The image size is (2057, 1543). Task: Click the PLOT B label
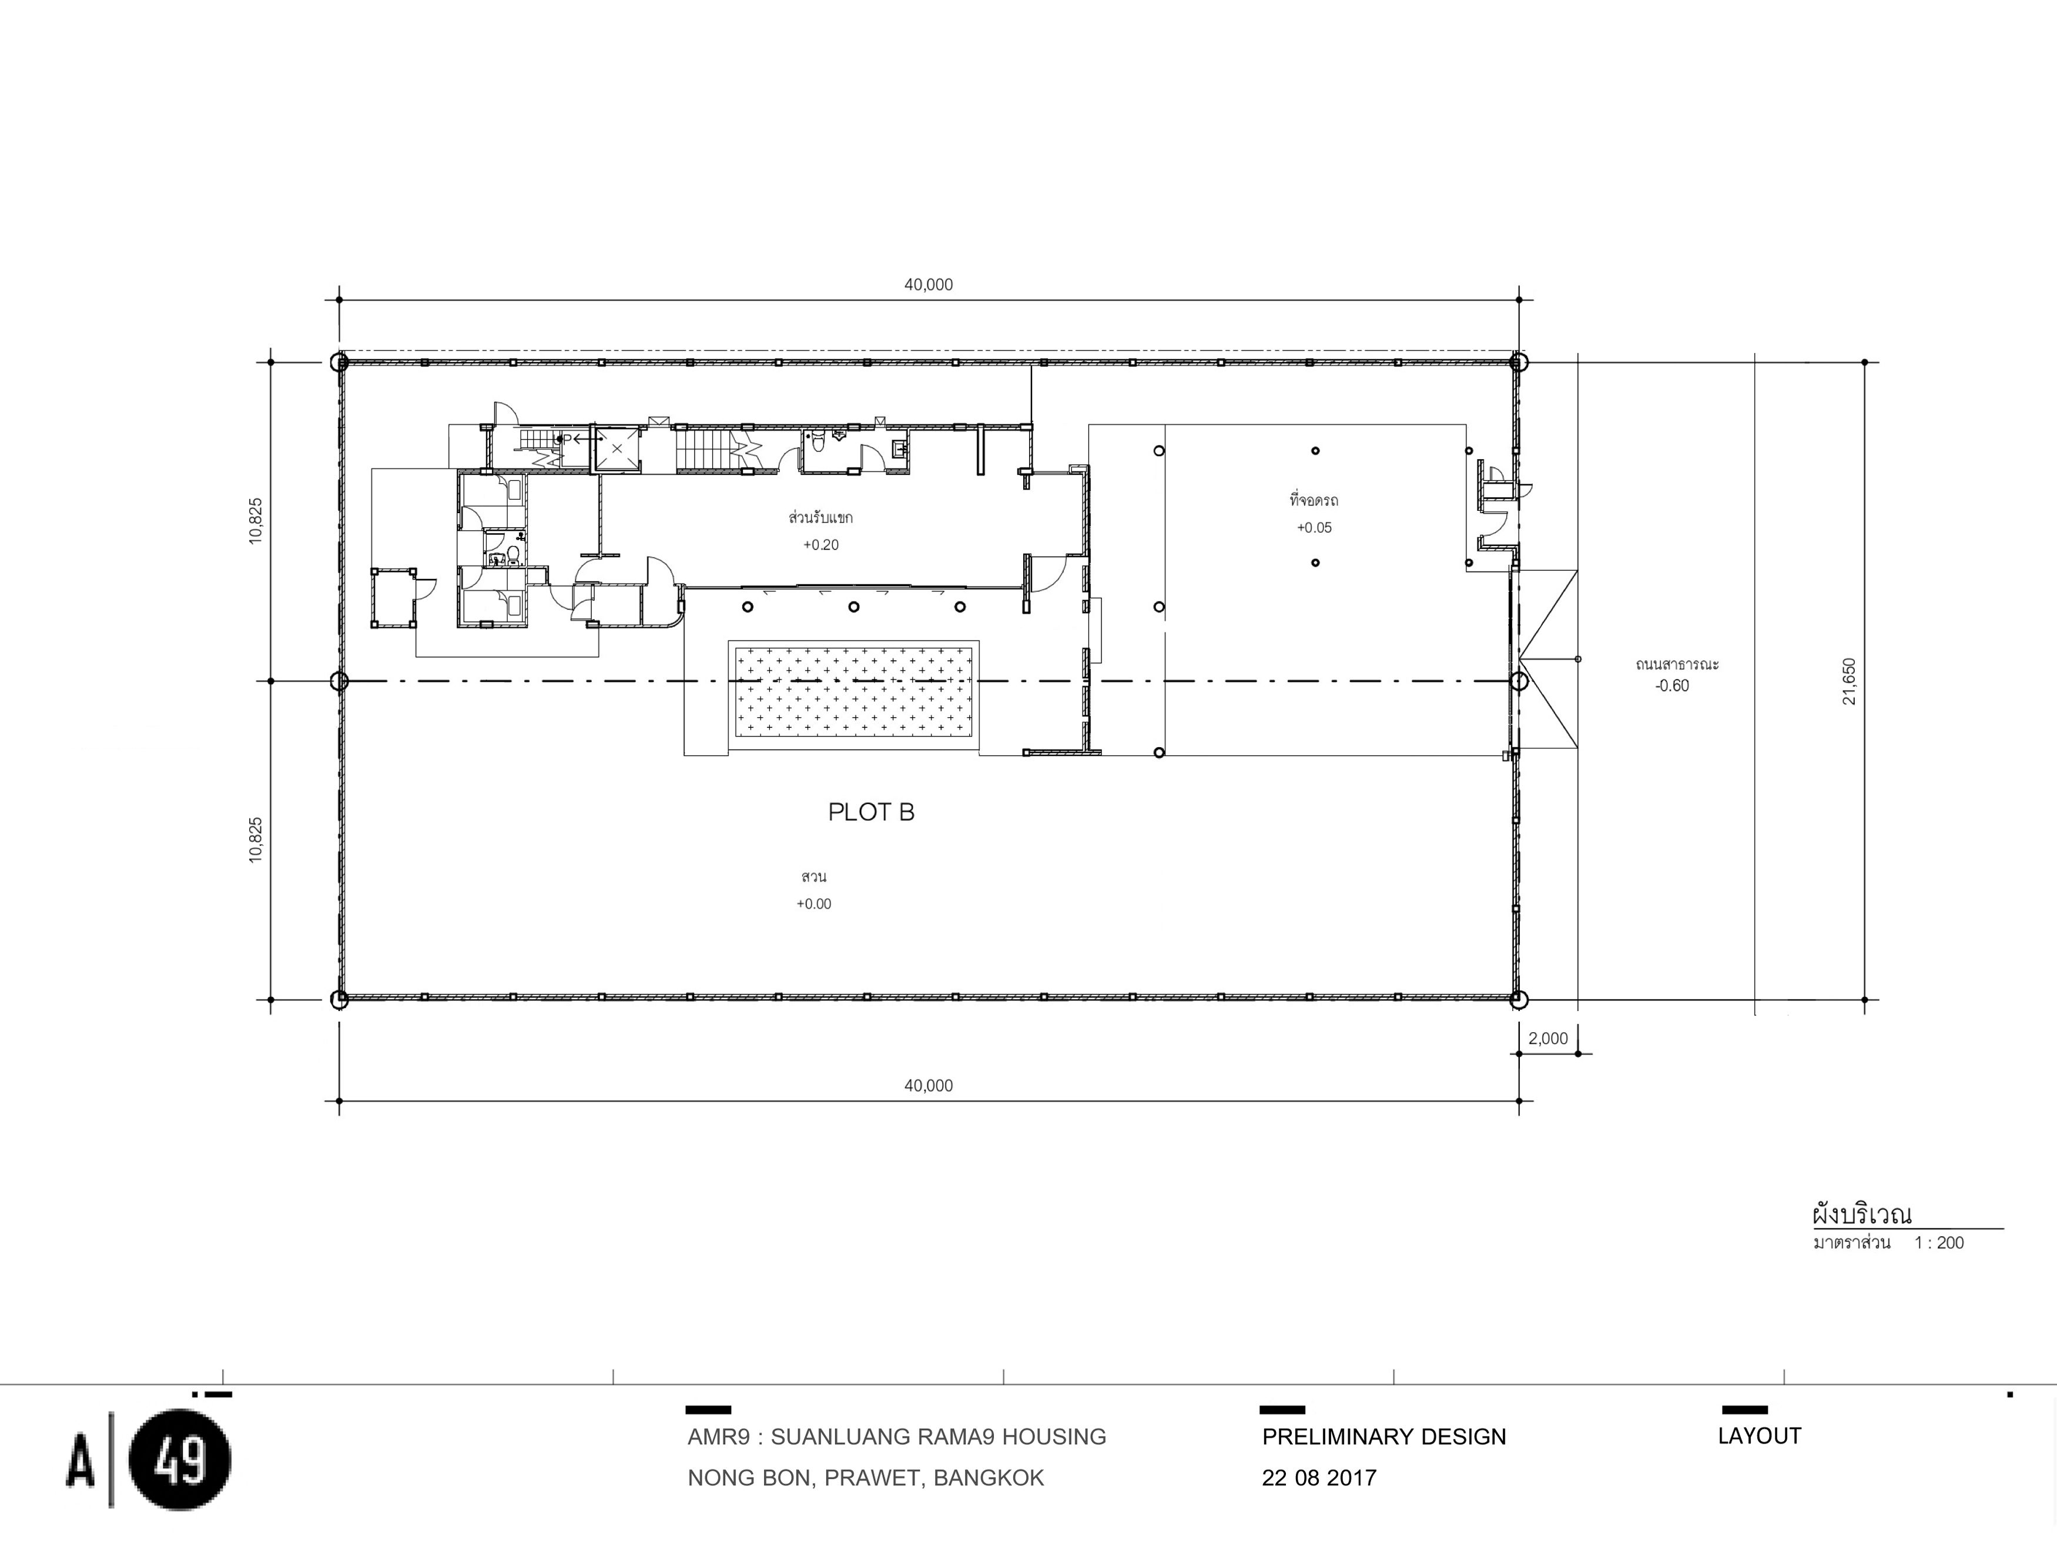(x=872, y=812)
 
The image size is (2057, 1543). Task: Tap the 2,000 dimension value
(x=1547, y=1038)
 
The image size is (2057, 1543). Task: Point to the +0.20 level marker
(x=821, y=545)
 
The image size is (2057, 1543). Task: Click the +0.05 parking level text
(x=1314, y=527)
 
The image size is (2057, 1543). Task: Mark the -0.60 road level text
(x=1672, y=685)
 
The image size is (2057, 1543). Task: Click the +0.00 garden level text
(x=813, y=903)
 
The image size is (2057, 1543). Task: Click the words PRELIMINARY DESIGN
(x=1383, y=1437)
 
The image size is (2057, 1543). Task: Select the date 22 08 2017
(x=1319, y=1478)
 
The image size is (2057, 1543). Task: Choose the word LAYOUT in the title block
(x=1760, y=1436)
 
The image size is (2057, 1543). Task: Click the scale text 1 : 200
(x=1939, y=1243)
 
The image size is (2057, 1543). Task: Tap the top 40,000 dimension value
(x=928, y=284)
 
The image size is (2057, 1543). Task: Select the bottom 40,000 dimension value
(x=928, y=1086)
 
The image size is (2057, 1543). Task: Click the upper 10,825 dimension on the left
(x=256, y=521)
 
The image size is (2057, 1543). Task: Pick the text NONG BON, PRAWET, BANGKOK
(x=866, y=1478)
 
